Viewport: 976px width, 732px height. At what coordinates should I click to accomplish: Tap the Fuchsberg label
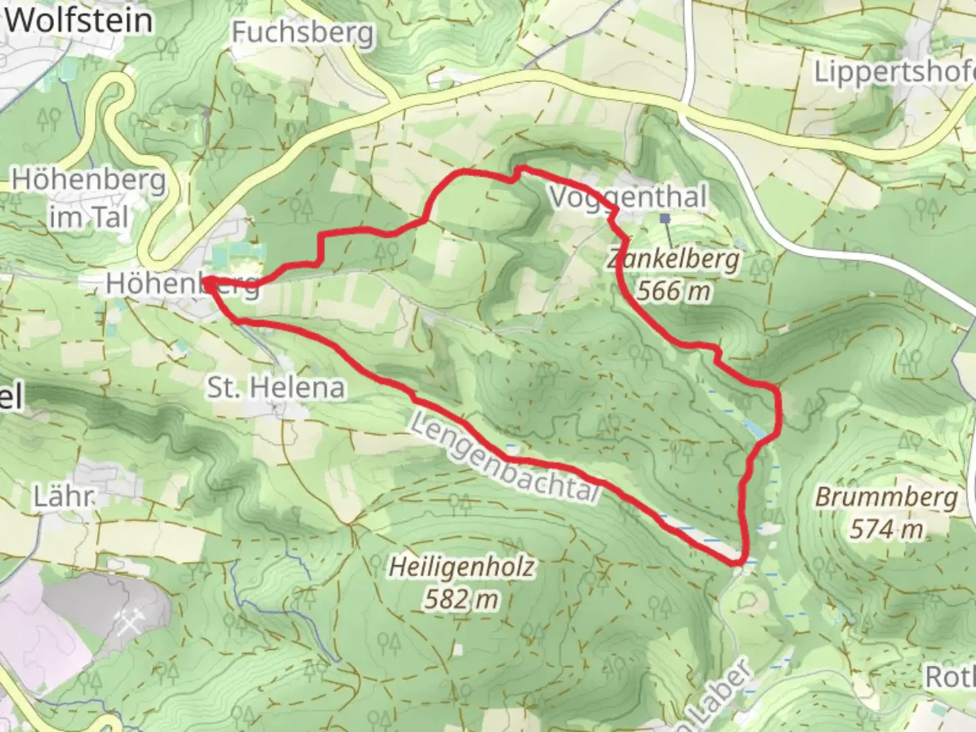pyautogui.click(x=302, y=32)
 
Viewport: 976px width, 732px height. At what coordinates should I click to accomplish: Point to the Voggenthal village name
pyautogui.click(x=628, y=197)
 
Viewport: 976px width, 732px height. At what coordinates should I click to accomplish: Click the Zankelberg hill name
pyautogui.click(x=674, y=259)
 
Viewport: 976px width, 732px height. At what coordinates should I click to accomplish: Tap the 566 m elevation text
pyautogui.click(x=674, y=291)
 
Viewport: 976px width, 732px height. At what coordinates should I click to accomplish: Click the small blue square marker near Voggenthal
pyautogui.click(x=665, y=218)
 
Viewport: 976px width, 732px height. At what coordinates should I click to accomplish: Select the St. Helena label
pyautogui.click(x=276, y=388)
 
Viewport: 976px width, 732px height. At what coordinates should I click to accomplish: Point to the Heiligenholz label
pyautogui.click(x=462, y=567)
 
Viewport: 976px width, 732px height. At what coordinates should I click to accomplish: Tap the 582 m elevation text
pyautogui.click(x=462, y=599)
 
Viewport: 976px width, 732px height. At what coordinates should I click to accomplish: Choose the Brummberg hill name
pyautogui.click(x=887, y=497)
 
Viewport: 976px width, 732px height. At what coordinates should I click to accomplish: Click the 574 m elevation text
pyautogui.click(x=887, y=529)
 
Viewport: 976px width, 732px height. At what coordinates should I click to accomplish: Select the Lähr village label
pyautogui.click(x=62, y=497)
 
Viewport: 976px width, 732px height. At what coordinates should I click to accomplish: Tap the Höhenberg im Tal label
pyautogui.click(x=89, y=198)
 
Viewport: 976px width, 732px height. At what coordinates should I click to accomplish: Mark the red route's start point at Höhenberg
pyautogui.click(x=206, y=280)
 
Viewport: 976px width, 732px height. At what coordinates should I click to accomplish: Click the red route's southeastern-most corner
pyautogui.click(x=736, y=562)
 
